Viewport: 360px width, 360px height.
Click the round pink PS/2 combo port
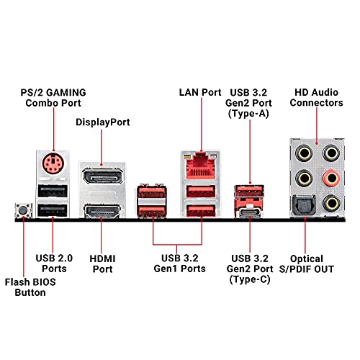[53, 163]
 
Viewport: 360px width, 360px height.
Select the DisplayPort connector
[102, 176]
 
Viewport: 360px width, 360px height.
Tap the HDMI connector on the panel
[102, 212]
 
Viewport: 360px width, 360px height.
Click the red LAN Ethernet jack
[201, 166]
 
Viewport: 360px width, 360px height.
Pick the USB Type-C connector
[250, 213]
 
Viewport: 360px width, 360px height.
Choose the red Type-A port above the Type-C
[249, 191]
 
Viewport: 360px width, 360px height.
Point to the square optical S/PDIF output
[304, 204]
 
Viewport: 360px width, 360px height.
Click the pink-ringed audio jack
[331, 178]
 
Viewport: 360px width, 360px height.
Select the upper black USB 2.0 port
[53, 192]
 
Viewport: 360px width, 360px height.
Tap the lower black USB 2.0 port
[53, 210]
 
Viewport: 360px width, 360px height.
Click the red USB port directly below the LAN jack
[201, 192]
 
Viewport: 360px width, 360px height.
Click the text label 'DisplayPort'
[103, 122]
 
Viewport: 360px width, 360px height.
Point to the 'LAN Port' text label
[200, 92]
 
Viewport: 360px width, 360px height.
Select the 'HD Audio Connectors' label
[316, 97]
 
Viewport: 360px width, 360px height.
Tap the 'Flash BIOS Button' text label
[30, 287]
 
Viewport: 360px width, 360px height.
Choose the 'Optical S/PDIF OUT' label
[307, 264]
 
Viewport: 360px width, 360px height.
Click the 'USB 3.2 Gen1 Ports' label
[179, 264]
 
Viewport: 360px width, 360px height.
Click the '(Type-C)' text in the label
[250, 279]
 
